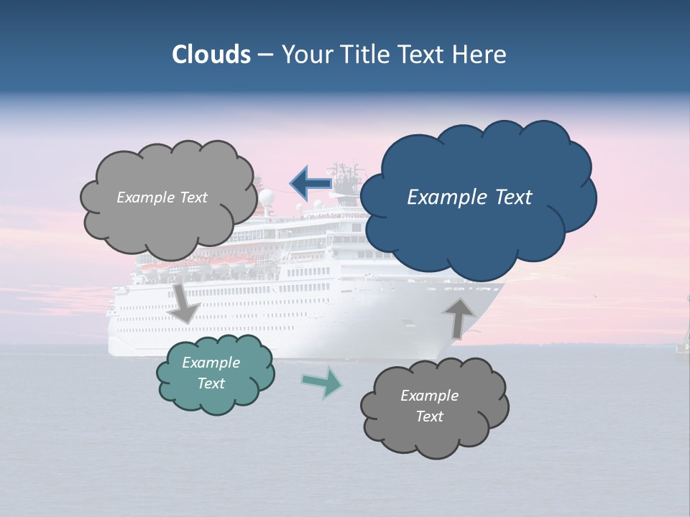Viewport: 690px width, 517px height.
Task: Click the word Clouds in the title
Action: pyautogui.click(x=211, y=55)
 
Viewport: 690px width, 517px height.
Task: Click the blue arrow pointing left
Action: pyautogui.click(x=310, y=184)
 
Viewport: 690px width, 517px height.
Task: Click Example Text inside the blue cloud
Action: pyautogui.click(x=469, y=197)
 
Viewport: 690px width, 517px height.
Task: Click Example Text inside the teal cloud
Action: pyautogui.click(x=211, y=373)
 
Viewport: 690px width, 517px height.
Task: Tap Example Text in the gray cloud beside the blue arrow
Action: pyautogui.click(x=162, y=197)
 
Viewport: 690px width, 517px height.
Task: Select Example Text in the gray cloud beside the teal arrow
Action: pyautogui.click(x=429, y=406)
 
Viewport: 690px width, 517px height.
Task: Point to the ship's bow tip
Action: pyautogui.click(x=503, y=286)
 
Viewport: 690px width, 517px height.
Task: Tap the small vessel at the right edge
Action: pyautogui.click(x=683, y=347)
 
